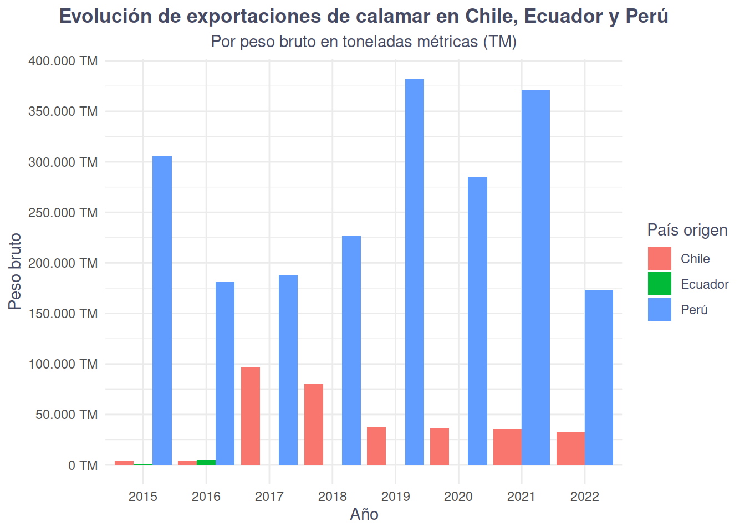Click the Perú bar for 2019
pos(415,272)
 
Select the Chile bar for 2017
pos(251,416)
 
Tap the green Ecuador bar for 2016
pos(206,462)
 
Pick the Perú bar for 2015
pos(162,310)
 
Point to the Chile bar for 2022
pos(570,448)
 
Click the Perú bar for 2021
pos(535,277)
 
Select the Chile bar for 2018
pos(314,424)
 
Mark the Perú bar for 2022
pos(599,377)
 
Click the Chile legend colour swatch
pos(660,258)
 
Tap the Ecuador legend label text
pos(705,284)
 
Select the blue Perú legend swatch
pos(660,309)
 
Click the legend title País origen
pos(687,230)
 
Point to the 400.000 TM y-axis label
pos(63,61)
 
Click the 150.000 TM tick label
pos(63,314)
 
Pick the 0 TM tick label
pos(83,465)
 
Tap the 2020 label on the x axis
pos(458,496)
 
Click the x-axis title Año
pos(364,514)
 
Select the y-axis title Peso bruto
pos(15,271)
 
